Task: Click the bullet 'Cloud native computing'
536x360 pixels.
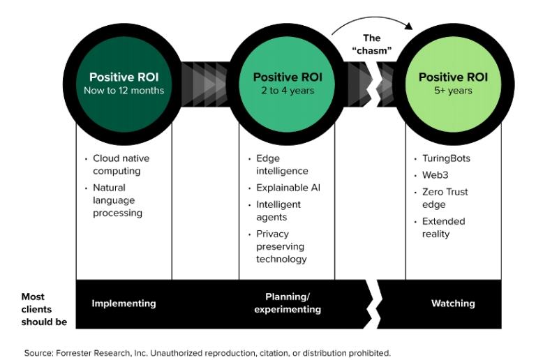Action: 121,165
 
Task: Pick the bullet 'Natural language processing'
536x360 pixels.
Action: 117,200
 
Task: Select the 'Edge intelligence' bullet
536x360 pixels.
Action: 282,165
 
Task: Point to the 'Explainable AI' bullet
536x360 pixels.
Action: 288,188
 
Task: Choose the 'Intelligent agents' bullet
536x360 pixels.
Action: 278,211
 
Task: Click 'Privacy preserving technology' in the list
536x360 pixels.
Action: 281,246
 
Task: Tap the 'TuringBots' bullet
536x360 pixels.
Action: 446,158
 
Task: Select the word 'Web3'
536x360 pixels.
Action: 435,175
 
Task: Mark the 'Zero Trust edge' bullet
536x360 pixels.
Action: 445,197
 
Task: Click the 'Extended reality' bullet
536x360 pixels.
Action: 443,227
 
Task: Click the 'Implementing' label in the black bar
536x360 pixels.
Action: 124,303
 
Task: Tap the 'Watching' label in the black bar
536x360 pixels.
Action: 453,303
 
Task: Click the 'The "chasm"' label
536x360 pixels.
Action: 371,44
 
